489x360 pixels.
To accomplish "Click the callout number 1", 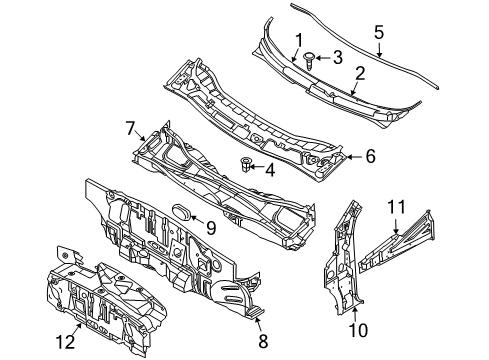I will pos(297,40).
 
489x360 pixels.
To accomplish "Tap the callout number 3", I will pos(338,57).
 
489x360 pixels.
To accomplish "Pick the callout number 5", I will pos(378,31).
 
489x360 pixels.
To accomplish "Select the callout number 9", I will pos(209,227).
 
